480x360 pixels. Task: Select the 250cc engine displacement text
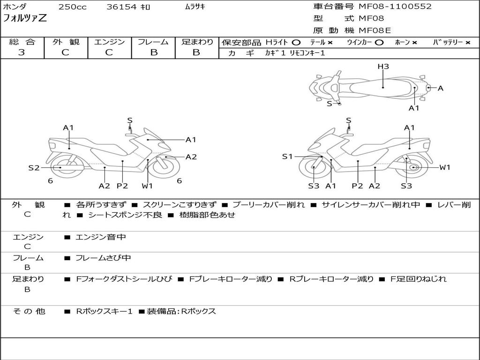[x=72, y=7]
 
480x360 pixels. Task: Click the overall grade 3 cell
[x=22, y=52]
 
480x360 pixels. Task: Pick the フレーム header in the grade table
[x=153, y=42]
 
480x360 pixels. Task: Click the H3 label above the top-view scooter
[x=383, y=67]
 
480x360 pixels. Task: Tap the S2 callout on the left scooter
[x=34, y=167]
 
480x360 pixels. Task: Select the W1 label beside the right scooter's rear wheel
[x=444, y=167]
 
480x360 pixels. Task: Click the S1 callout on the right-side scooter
[x=287, y=157]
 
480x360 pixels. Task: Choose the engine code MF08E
[x=375, y=30]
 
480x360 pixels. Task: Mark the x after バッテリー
[x=467, y=43]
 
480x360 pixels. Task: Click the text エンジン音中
[x=101, y=237]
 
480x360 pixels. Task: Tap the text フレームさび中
[x=103, y=258]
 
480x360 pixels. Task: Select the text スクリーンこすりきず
[x=180, y=205]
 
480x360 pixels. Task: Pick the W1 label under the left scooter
[x=147, y=186]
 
